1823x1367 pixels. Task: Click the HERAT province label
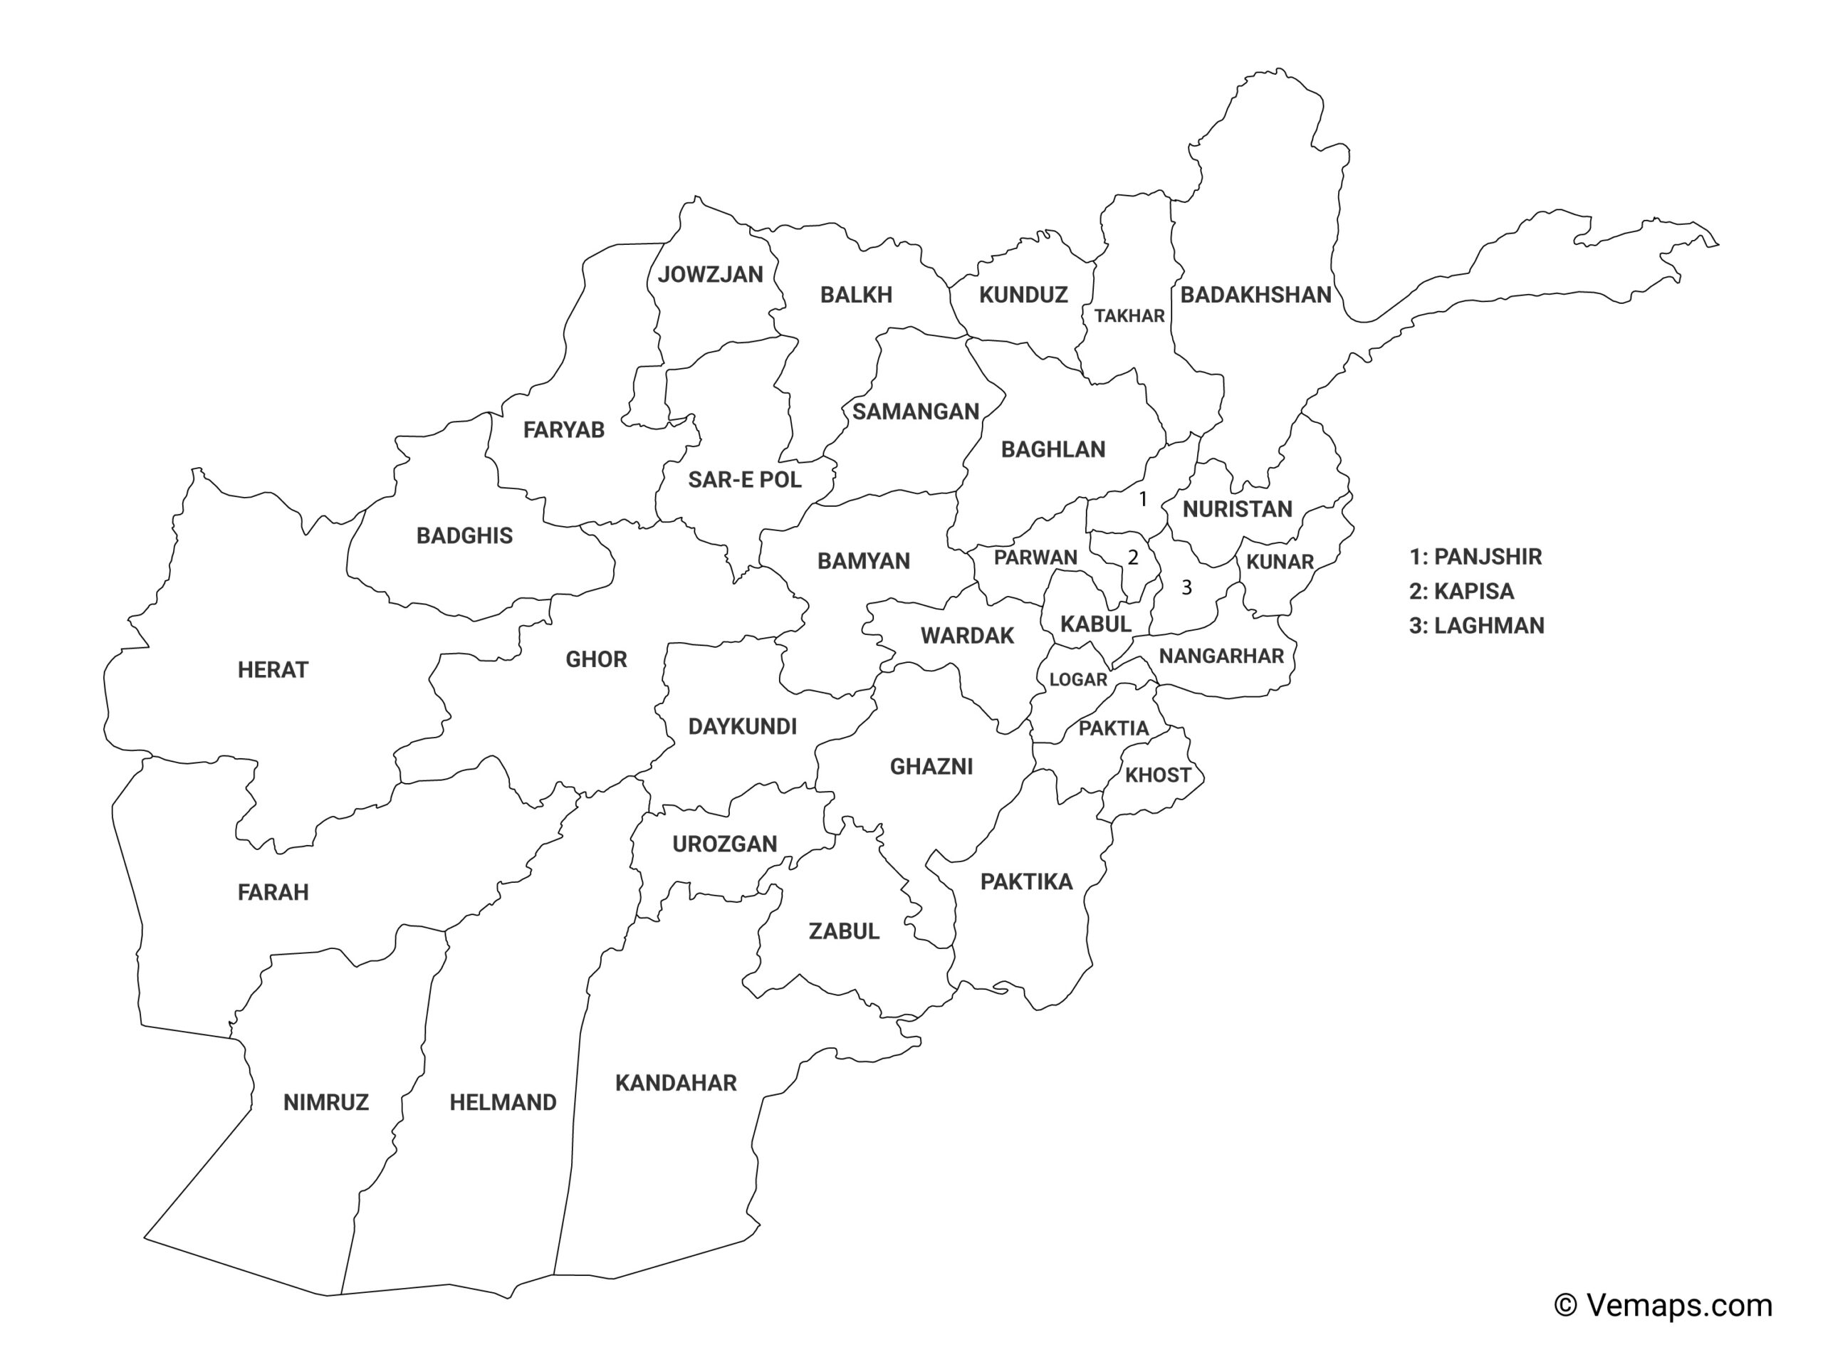[273, 670]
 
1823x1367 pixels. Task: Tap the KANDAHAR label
[676, 1083]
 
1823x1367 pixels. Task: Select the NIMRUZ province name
[325, 1102]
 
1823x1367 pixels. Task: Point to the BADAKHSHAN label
[1255, 295]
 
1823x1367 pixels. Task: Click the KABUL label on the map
[1095, 624]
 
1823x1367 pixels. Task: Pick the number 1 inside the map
[1142, 498]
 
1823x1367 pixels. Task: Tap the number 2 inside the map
[1132, 558]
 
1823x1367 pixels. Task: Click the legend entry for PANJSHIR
[1475, 557]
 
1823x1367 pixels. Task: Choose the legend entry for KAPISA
[1461, 592]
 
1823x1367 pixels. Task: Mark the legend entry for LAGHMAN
[1476, 627]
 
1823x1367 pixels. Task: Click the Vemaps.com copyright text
[1662, 1305]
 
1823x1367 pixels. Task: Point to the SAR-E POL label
[744, 480]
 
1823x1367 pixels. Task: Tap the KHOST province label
[1158, 775]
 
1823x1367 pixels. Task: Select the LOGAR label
[1078, 680]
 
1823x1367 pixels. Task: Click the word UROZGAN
[724, 844]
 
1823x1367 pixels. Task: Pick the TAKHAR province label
[1129, 315]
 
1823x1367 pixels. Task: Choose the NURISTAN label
[1237, 509]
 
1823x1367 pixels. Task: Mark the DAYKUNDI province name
[742, 727]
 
